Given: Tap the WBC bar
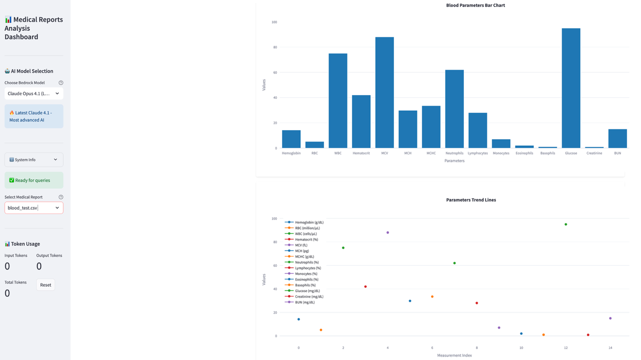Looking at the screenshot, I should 338,101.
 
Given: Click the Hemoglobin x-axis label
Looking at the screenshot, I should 291,153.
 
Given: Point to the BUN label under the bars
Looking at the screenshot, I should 617,153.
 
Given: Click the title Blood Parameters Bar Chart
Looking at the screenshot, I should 475,5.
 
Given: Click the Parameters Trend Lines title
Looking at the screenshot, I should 471,200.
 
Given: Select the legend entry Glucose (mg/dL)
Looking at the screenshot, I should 307,291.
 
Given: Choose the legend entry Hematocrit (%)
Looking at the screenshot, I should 306,240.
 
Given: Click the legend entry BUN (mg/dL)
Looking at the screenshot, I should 304,303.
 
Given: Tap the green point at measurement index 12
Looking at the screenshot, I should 566,224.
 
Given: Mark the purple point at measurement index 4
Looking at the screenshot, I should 388,233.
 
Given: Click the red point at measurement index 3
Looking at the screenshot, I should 366,286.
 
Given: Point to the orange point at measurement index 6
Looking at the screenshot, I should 432,297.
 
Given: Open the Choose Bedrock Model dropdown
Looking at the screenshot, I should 34,93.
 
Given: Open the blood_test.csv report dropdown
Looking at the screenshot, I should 34,208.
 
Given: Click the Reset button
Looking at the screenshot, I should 45,285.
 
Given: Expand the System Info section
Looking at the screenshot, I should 34,160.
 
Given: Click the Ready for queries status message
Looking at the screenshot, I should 34,180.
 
